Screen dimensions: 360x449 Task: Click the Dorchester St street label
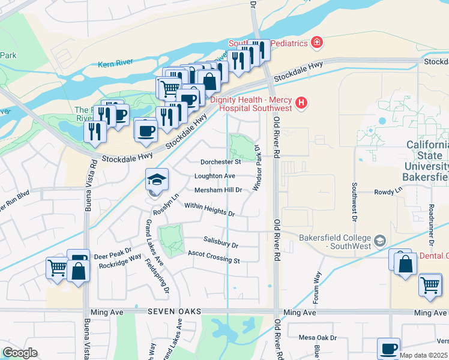pyautogui.click(x=220, y=161)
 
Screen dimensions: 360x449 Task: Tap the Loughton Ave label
pyautogui.click(x=214, y=176)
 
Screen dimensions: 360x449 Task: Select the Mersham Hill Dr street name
pyautogui.click(x=217, y=190)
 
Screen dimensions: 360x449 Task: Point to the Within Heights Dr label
pyautogui.click(x=209, y=209)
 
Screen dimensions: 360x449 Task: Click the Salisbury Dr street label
pyautogui.click(x=221, y=242)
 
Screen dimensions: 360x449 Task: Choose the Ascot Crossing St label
pyautogui.click(x=214, y=257)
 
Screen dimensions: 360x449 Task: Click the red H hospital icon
pyautogui.click(x=301, y=104)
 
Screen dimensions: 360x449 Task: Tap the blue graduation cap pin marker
pyautogui.click(x=157, y=180)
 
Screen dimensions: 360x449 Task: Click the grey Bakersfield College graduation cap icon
pyautogui.click(x=379, y=242)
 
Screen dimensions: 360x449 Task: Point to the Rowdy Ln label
pyautogui.click(x=388, y=191)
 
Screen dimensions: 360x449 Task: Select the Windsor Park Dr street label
pyautogui.click(x=258, y=168)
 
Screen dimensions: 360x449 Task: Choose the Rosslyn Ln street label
pyautogui.click(x=166, y=205)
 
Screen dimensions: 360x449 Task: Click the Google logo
pyautogui.click(x=20, y=353)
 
